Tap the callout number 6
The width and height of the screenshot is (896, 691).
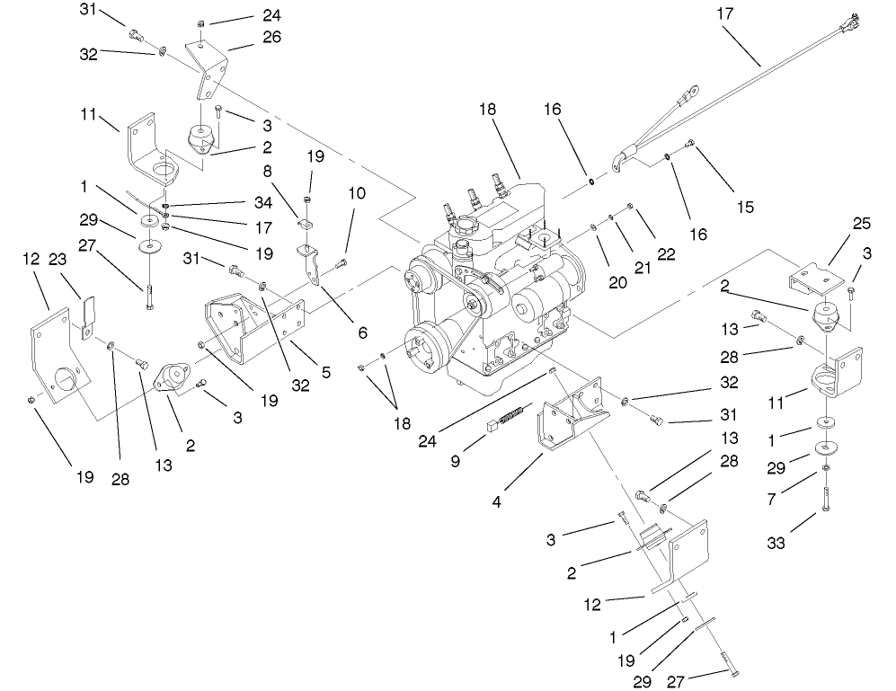coord(362,332)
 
